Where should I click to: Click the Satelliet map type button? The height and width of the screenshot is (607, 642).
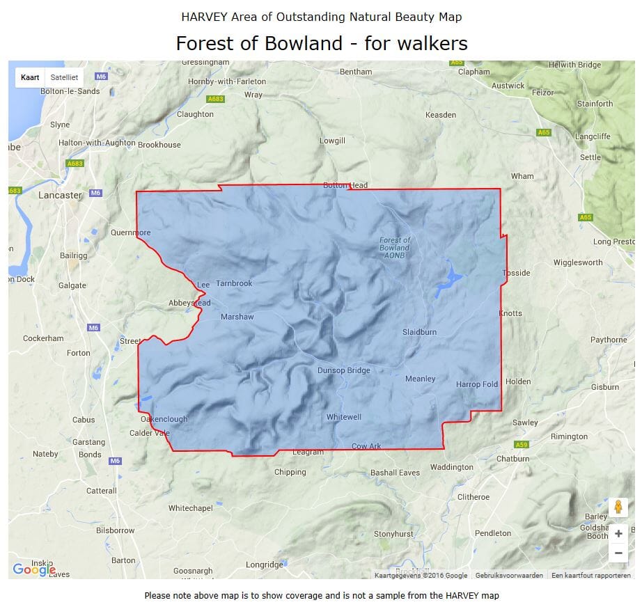point(64,77)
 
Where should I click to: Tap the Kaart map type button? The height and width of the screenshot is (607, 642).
point(30,77)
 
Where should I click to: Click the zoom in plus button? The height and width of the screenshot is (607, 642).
point(618,534)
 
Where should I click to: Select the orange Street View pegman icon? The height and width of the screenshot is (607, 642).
point(618,507)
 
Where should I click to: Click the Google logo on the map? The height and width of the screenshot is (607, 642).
point(33,570)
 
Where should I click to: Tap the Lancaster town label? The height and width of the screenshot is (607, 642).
point(60,195)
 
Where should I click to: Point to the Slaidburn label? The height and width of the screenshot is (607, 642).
point(419,332)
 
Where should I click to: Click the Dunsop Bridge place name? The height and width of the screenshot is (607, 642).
point(344,370)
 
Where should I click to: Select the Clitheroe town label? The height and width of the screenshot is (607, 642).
point(473,497)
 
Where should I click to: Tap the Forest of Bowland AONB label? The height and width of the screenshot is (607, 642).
point(395,248)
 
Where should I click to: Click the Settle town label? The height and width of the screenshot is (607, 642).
point(590,157)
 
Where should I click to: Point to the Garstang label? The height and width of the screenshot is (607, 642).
point(88,442)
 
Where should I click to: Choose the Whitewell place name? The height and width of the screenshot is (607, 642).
point(344,417)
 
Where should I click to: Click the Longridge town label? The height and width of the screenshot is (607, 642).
point(265,565)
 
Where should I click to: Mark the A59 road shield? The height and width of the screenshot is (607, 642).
point(521,444)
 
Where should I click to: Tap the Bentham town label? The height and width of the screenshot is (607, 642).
point(356,72)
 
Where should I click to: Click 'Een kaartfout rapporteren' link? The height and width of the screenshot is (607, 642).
point(590,576)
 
